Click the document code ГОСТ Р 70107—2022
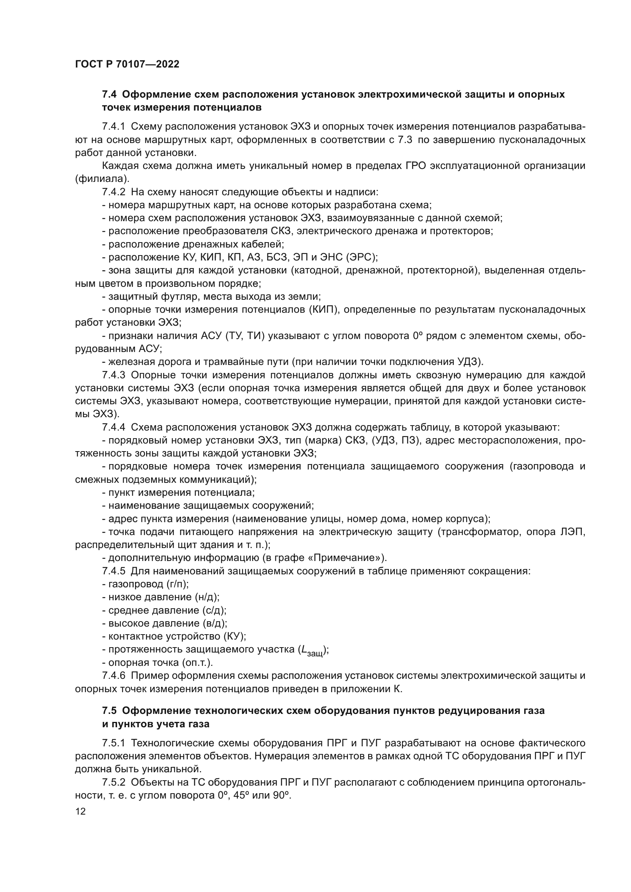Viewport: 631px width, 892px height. pos(127,64)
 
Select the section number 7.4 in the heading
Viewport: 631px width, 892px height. pos(110,95)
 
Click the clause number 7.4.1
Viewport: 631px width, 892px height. pos(113,127)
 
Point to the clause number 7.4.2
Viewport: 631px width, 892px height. pos(113,192)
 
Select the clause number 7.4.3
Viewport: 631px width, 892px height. pos(113,375)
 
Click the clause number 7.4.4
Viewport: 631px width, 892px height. pos(113,428)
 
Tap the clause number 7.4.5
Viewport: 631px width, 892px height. pos(113,572)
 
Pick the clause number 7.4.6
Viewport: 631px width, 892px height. pos(113,676)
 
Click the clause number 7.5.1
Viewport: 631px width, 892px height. pos(113,743)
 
